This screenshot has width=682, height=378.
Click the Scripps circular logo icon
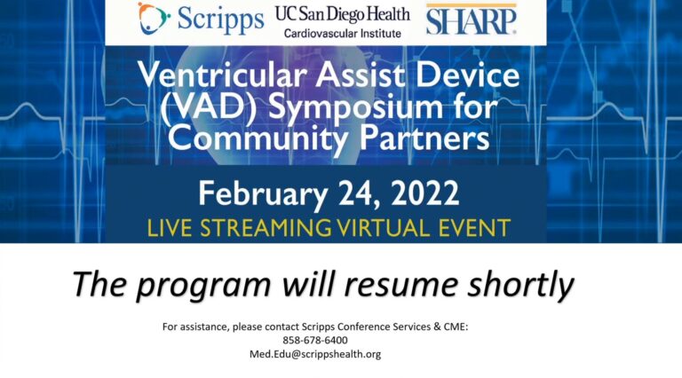coord(153,19)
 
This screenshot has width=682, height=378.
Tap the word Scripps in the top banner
coord(220,20)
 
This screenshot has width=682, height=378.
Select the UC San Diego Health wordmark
coord(342,14)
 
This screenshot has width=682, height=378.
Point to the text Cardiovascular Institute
coord(342,34)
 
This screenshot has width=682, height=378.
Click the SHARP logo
coord(471,20)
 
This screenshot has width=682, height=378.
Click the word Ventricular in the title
coord(223,75)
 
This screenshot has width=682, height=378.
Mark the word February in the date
coord(263,194)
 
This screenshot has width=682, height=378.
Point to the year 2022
coord(425,193)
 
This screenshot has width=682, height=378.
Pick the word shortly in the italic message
coord(521,285)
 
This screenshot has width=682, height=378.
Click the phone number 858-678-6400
coord(315,340)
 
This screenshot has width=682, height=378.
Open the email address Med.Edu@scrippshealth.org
coord(315,354)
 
